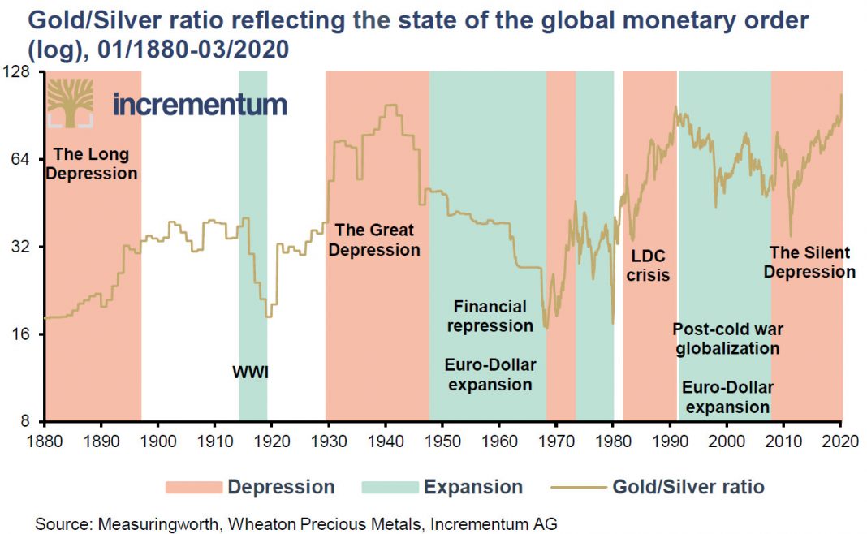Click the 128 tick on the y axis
click(x=17, y=72)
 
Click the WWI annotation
click(x=250, y=373)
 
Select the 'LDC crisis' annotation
click(x=649, y=265)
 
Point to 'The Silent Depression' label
click(x=809, y=262)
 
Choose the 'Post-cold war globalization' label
click(x=727, y=338)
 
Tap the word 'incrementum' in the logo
click(x=200, y=104)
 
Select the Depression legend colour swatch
click(x=192, y=488)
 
